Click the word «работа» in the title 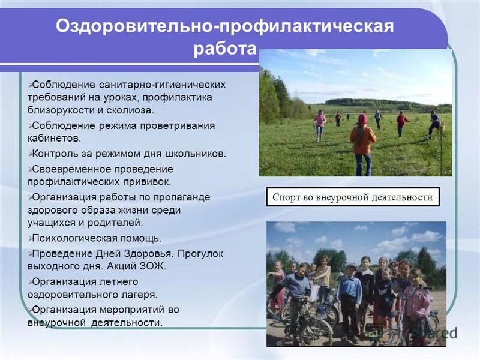point(224,49)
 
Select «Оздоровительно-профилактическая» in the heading point(224,26)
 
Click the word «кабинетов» point(56,139)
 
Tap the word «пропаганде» point(184,197)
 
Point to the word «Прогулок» point(202,253)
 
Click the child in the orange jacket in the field point(362,144)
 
